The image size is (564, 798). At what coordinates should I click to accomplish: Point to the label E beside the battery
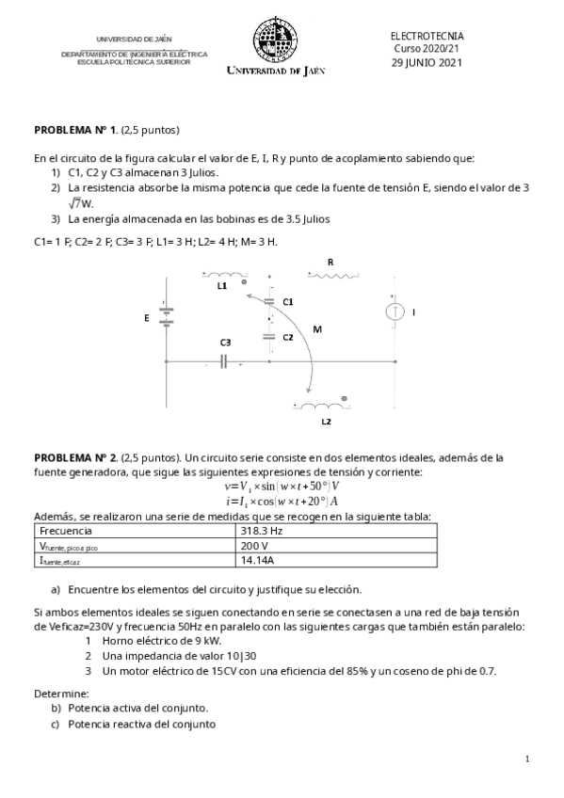click(146, 319)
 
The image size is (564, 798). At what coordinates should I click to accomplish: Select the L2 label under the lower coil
click(326, 422)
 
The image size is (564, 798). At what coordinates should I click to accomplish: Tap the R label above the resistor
click(330, 261)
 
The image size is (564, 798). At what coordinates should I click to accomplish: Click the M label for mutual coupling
click(316, 330)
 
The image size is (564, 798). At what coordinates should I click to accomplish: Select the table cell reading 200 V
click(254, 545)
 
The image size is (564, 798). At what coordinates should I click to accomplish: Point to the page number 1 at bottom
click(527, 758)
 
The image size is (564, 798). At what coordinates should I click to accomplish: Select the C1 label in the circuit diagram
click(288, 301)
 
